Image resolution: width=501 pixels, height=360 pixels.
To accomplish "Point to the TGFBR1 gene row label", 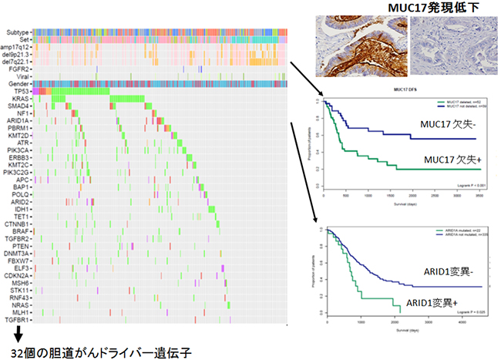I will pyautogui.click(x=16, y=319).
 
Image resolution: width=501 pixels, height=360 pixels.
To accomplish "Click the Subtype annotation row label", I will pyautogui.click(x=16, y=32).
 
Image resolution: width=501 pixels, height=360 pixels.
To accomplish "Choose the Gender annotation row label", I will pyautogui.click(x=17, y=83).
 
